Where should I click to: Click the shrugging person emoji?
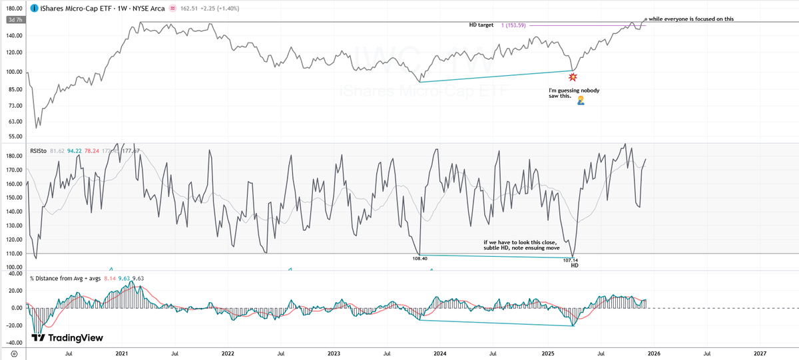[581, 100]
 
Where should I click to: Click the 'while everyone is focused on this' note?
[690, 19]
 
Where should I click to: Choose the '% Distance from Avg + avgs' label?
[65, 277]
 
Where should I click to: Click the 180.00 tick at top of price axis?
[14, 9]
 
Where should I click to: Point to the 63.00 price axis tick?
[14, 122]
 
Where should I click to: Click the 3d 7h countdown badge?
[14, 20]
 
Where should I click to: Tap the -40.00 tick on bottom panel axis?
[14, 343]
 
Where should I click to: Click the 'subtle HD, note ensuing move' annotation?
[522, 247]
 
